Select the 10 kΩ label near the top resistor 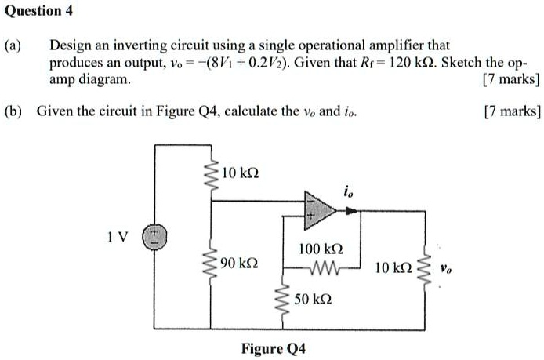(241, 172)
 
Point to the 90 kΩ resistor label (241, 261)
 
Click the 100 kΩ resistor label (318, 250)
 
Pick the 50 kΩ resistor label (314, 300)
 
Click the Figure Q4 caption (273, 348)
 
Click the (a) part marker (13, 47)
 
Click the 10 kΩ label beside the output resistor (393, 268)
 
